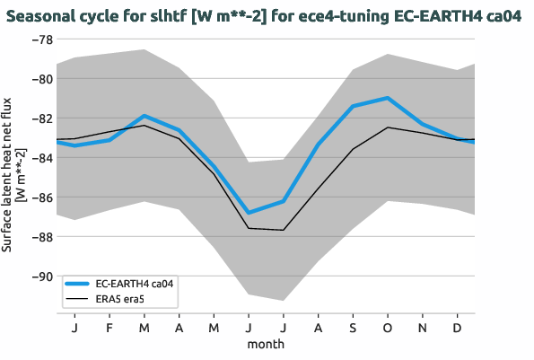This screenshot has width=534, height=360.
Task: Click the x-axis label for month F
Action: coord(109,329)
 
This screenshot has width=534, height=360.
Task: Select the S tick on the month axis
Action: coord(352,329)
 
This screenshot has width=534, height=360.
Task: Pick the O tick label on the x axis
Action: coord(387,329)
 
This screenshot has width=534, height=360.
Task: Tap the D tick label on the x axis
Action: coord(457,329)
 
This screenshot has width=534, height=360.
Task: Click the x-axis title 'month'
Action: coord(266,344)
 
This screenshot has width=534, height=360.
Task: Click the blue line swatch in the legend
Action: coord(78,283)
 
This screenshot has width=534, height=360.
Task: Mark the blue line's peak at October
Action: coord(387,98)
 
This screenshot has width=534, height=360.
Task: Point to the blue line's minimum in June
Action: coord(249,213)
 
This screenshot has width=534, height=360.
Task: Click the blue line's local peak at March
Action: coord(144,116)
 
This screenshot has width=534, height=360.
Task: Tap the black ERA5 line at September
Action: coord(352,149)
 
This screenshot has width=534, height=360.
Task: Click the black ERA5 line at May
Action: coord(214,173)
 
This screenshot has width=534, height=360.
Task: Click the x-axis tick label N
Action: coord(422,329)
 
